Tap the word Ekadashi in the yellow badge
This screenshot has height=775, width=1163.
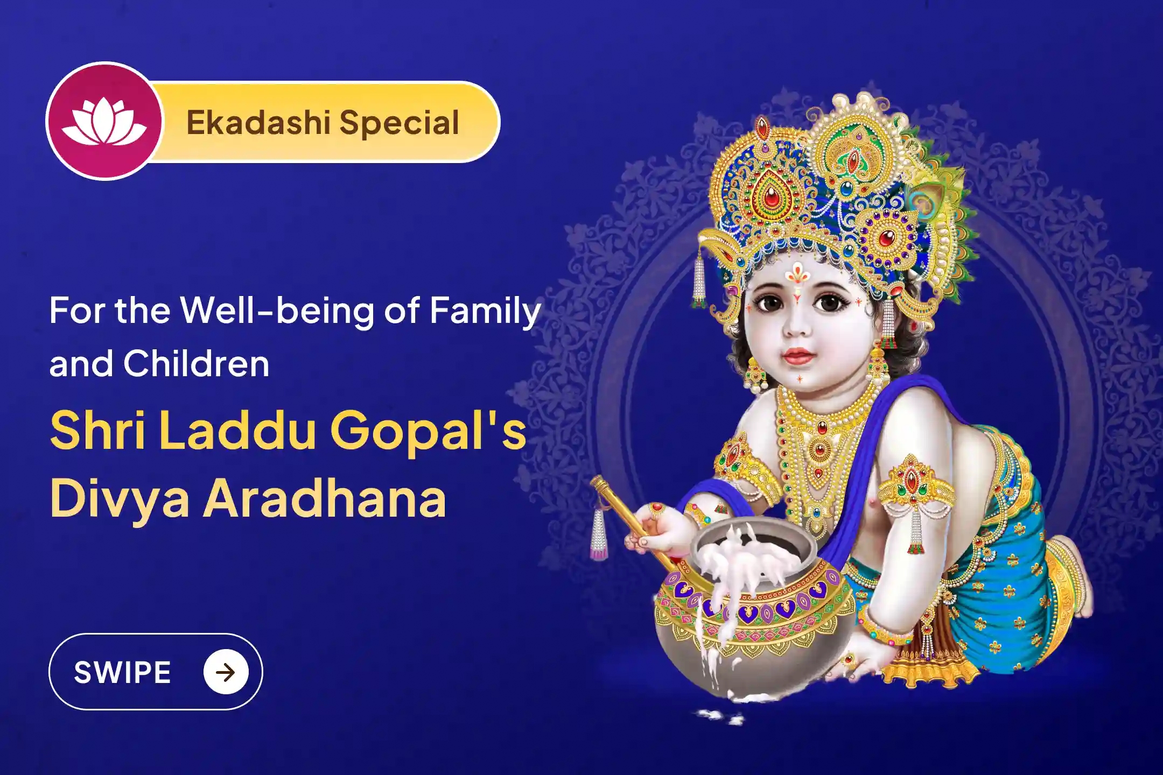(x=257, y=123)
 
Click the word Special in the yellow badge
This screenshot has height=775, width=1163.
(x=399, y=123)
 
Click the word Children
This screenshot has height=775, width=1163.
(x=196, y=364)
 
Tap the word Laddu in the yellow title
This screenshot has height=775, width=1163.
(x=237, y=431)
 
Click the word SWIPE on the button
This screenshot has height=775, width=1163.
(x=123, y=672)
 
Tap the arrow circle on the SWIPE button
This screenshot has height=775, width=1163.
(x=226, y=672)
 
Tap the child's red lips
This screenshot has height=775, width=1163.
(x=797, y=355)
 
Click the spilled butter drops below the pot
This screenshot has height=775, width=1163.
(x=719, y=716)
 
